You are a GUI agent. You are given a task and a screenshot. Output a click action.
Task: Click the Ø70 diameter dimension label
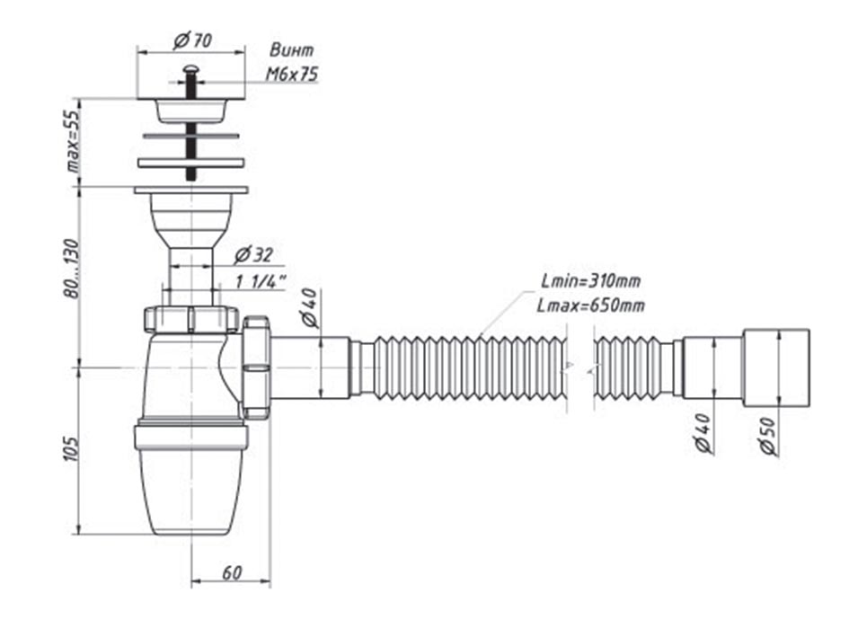click(193, 40)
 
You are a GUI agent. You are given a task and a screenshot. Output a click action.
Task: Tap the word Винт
click(292, 49)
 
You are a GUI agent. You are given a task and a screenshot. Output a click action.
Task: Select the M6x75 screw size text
click(292, 74)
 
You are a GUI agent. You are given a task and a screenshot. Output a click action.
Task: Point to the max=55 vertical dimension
click(73, 142)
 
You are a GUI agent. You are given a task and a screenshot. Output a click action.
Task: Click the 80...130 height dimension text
click(72, 268)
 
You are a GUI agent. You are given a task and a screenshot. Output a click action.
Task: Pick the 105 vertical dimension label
click(72, 448)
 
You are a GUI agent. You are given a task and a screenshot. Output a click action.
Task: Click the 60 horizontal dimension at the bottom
click(232, 572)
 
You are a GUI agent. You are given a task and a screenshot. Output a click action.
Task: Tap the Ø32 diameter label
click(253, 254)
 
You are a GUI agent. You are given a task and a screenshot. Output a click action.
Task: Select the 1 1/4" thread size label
click(261, 282)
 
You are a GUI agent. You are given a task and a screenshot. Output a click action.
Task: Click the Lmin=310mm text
click(591, 281)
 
